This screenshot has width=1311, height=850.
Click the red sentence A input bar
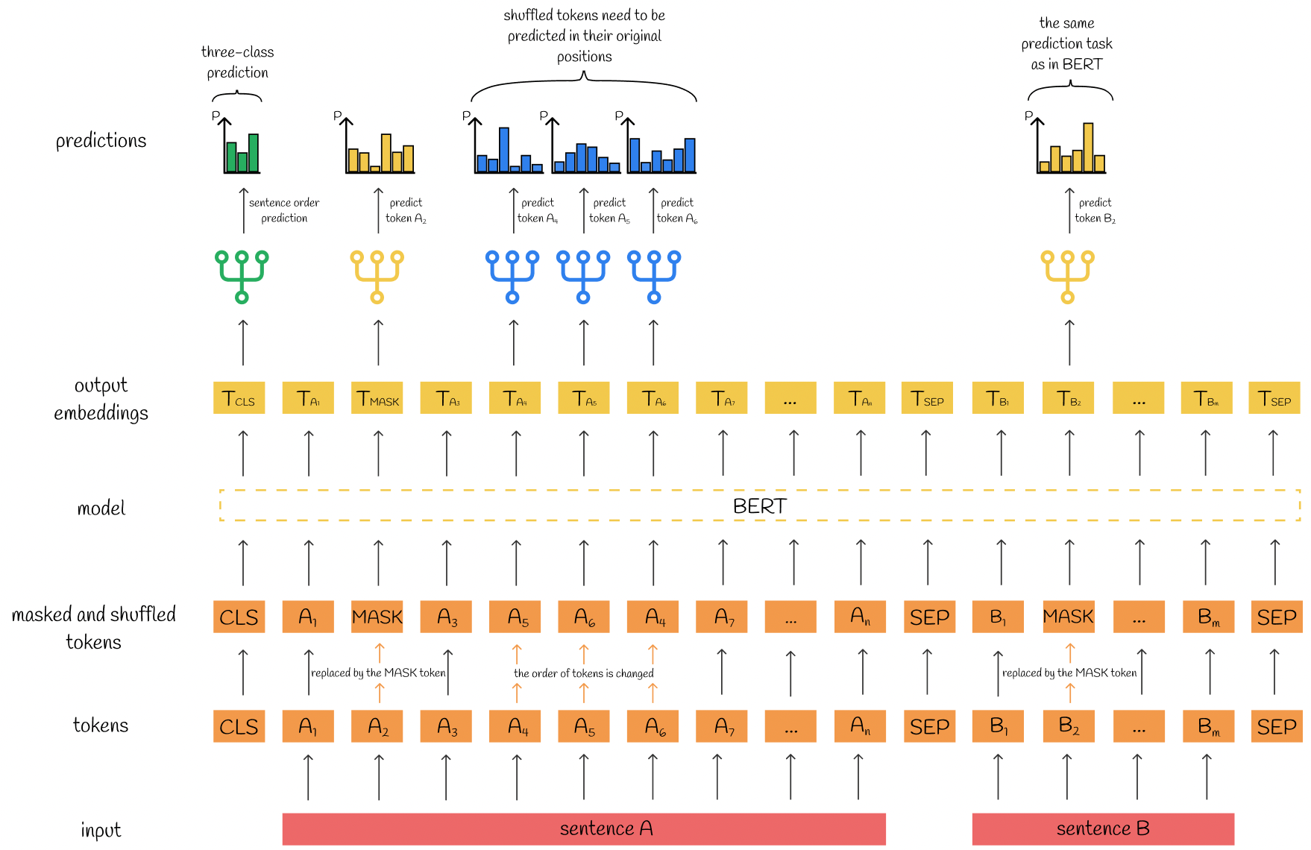click(x=584, y=828)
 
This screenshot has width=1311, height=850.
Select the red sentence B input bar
click(x=1103, y=828)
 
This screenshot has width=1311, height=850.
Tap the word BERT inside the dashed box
click(x=759, y=506)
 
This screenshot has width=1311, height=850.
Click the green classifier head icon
click(x=242, y=276)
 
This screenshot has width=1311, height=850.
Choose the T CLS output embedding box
click(x=239, y=398)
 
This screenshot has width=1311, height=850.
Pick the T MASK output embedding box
click(x=377, y=398)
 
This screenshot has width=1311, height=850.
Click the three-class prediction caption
click(x=237, y=62)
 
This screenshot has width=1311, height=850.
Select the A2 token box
click(x=377, y=726)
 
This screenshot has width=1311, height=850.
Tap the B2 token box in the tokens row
click(x=1068, y=726)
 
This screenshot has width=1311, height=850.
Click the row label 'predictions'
click(x=101, y=141)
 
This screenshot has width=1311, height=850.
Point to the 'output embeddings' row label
click(x=101, y=399)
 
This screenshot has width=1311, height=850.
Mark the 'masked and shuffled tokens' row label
click(x=94, y=628)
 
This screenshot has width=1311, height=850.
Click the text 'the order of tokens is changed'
click(x=583, y=673)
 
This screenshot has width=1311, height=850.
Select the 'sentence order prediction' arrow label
click(x=284, y=210)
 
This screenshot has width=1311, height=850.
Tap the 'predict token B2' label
click(x=1095, y=210)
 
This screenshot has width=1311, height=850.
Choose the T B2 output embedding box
click(x=1068, y=398)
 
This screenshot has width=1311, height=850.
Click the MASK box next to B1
click(x=1068, y=617)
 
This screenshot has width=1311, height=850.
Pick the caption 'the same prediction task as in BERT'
click(x=1066, y=44)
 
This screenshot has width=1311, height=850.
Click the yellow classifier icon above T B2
click(x=1068, y=276)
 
